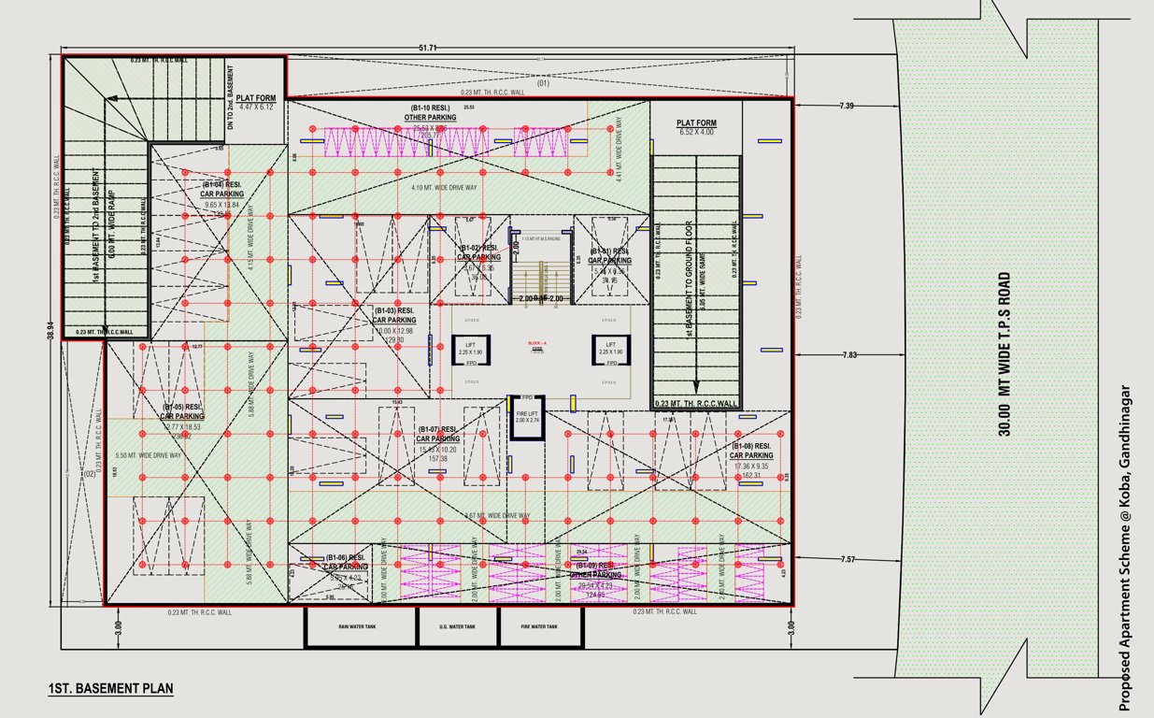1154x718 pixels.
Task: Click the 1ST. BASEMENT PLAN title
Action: pyautogui.click(x=110, y=689)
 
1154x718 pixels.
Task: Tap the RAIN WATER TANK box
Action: pyautogui.click(x=357, y=627)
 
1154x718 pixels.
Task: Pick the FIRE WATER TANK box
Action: pyautogui.click(x=538, y=627)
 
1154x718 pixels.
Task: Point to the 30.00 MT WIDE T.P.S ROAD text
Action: pyautogui.click(x=1004, y=353)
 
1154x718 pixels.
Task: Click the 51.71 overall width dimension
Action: pyautogui.click(x=428, y=48)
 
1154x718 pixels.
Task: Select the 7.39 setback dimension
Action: pyautogui.click(x=847, y=107)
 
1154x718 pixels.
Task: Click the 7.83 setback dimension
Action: pyautogui.click(x=848, y=355)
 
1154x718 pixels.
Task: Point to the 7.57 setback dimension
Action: pyautogui.click(x=847, y=559)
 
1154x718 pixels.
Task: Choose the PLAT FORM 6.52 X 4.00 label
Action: pyautogui.click(x=696, y=127)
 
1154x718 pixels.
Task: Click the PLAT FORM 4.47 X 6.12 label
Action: pyautogui.click(x=255, y=102)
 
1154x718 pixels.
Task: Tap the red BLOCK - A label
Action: pyautogui.click(x=536, y=343)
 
